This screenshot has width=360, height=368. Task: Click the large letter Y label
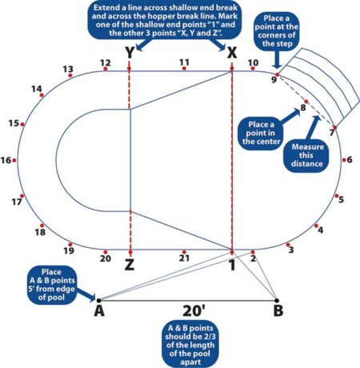coord(130,53)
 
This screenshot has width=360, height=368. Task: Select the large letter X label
coord(232,53)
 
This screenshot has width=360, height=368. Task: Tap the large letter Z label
coord(130,265)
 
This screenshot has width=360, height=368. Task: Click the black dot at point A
coord(98,301)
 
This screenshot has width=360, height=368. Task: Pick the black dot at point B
coord(277,301)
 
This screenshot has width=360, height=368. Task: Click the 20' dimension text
coord(194,310)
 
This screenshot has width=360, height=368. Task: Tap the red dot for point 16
coord(14,160)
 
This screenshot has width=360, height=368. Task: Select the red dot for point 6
coord(344,160)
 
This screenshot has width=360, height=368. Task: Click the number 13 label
coord(68,69)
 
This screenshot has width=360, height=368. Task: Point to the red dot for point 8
coord(306,102)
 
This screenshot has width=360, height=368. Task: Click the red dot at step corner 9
coord(278,74)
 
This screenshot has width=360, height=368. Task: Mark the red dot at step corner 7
coord(335,128)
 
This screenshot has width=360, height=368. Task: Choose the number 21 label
coord(184,258)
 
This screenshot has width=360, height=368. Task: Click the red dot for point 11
coord(184,69)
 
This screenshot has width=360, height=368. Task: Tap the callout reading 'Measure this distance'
coord(307,155)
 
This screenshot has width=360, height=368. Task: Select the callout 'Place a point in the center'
coord(261,133)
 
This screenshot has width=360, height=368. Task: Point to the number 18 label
coord(40,232)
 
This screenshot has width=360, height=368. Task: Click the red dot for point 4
coord(316,226)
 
